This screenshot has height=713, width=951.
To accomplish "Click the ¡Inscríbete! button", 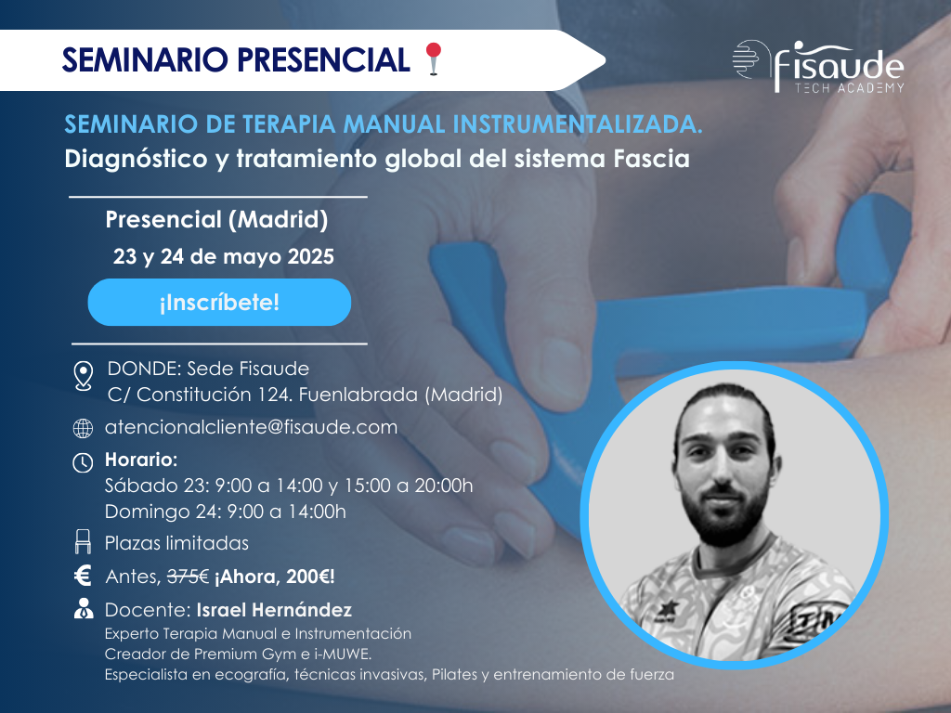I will pyautogui.click(x=219, y=303).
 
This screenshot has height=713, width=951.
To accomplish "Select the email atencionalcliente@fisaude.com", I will pyautogui.click(x=252, y=427).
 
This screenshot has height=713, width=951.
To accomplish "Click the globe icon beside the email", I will pyautogui.click(x=83, y=429).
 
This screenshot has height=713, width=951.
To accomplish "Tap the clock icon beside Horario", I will pyautogui.click(x=83, y=461).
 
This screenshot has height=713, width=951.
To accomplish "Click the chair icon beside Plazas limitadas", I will pyautogui.click(x=83, y=541).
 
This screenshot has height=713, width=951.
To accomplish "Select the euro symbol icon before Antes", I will pyautogui.click(x=83, y=577).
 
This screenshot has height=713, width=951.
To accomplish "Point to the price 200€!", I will pyautogui.click(x=307, y=577).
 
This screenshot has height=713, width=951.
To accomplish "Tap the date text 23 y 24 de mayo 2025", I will pyautogui.click(x=223, y=257).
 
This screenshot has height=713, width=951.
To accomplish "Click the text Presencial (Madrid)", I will pyautogui.click(x=216, y=220).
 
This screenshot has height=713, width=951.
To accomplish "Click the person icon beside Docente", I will pyautogui.click(x=83, y=610).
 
